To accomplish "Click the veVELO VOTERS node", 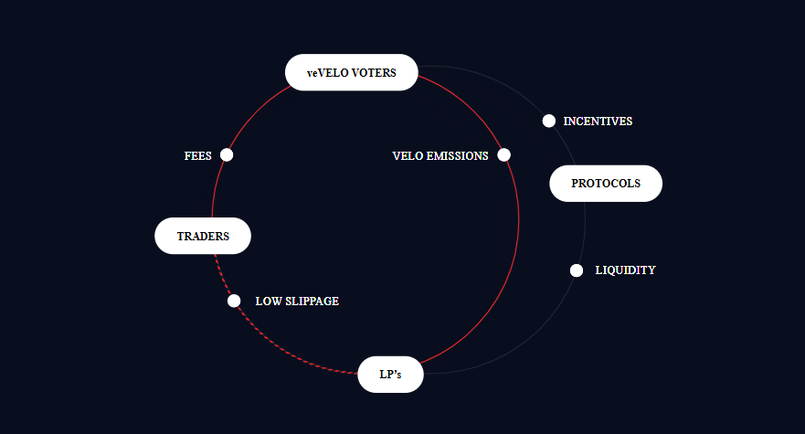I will click(351, 73).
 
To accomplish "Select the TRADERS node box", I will click(202, 236).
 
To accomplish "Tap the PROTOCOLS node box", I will click(605, 184).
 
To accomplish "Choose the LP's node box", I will click(390, 374).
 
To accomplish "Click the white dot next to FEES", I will click(227, 155).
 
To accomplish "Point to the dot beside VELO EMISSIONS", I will click(503, 155).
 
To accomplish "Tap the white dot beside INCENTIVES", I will click(548, 121).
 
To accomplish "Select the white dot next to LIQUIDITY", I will click(577, 270).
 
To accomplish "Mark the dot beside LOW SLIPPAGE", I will click(234, 301).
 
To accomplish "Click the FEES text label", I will click(197, 156).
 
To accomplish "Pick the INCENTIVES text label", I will click(598, 122).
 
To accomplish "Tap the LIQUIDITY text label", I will click(625, 270).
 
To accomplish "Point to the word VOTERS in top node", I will click(373, 73).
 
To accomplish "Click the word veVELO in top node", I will click(326, 73).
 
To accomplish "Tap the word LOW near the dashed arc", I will click(268, 302).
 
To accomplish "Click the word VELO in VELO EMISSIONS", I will click(408, 156).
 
